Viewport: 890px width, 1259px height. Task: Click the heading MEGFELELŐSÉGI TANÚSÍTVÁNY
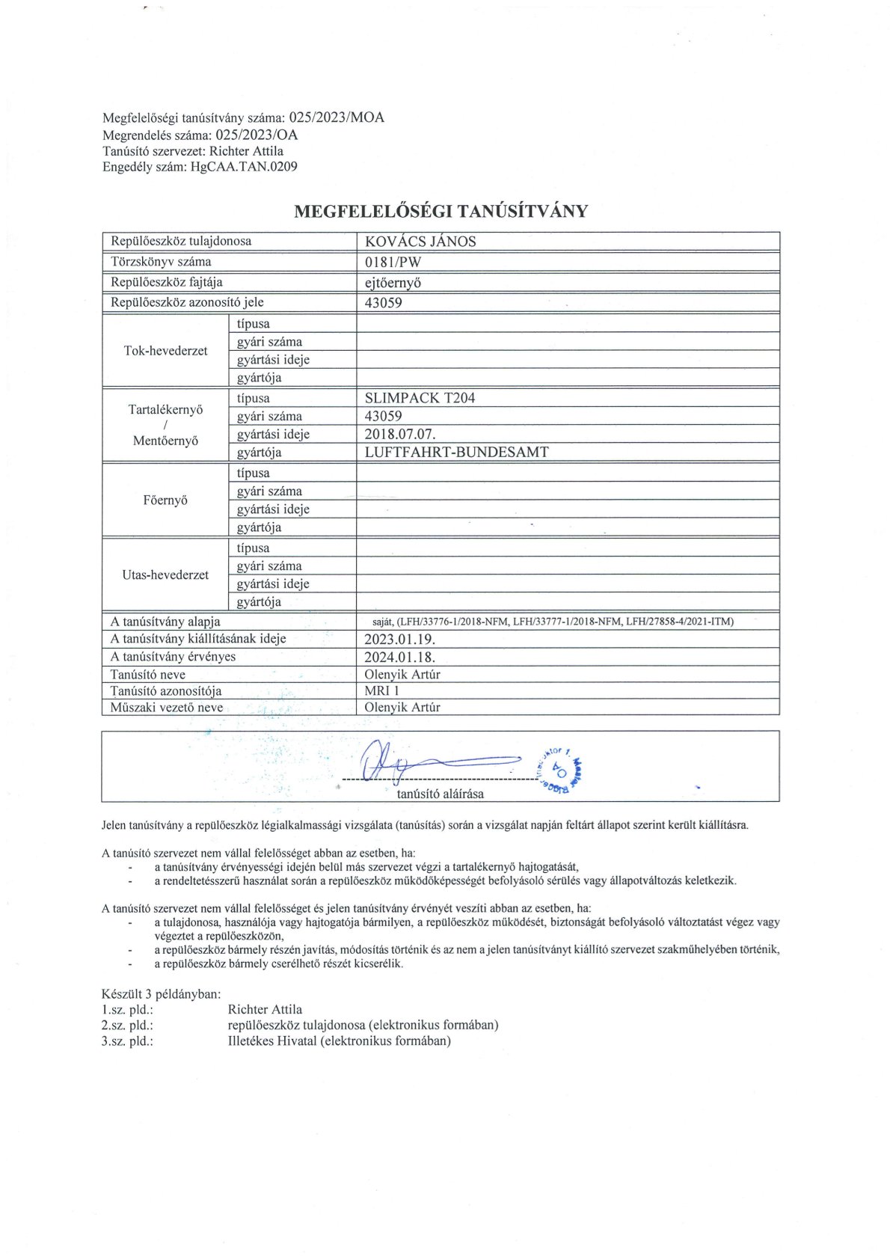441,211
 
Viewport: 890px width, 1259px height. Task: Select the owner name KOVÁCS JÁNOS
420,242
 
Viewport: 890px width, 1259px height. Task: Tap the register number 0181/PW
393,262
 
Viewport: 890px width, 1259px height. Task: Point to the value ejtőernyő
393,283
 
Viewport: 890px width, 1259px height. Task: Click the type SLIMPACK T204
420,398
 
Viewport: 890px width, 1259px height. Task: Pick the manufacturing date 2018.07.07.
400,434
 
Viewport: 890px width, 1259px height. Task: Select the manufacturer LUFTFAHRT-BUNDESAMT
456,452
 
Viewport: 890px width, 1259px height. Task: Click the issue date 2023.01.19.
399,640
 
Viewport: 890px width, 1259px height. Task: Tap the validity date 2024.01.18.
399,657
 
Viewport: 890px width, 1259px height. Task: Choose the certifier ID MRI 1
382,690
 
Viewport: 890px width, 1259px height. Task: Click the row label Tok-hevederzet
165,351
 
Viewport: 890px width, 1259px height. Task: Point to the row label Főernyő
165,500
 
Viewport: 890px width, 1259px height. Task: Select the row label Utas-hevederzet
165,575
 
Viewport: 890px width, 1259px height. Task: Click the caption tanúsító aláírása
440,794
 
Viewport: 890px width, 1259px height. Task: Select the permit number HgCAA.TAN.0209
244,167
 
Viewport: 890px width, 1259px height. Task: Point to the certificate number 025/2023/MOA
337,117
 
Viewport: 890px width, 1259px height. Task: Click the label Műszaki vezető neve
167,707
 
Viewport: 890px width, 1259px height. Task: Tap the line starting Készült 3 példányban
161,994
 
